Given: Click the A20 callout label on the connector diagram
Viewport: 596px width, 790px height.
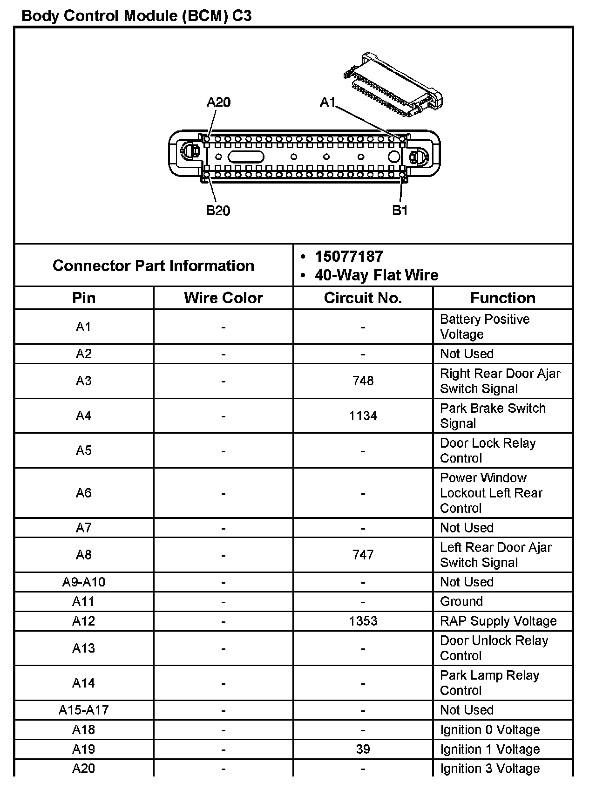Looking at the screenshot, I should click(x=218, y=102).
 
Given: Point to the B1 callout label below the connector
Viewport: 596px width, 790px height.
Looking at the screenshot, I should click(x=400, y=211).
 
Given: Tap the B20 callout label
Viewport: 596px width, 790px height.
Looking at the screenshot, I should click(x=218, y=211).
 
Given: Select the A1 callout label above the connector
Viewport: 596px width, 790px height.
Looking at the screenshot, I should click(x=327, y=102).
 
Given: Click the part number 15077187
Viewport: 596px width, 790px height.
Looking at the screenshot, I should click(x=349, y=257).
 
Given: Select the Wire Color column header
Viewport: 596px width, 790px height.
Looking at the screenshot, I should click(x=223, y=298).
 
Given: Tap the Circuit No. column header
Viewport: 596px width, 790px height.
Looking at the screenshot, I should click(x=363, y=298).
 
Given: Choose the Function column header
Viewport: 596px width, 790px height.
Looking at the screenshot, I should click(x=503, y=298).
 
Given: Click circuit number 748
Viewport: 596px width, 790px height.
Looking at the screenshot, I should click(x=363, y=381).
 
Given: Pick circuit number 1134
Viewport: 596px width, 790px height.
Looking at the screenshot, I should click(x=363, y=415).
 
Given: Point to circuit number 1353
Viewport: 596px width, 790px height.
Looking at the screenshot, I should click(x=363, y=621).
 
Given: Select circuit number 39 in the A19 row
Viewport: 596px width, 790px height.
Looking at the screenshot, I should click(x=363, y=749).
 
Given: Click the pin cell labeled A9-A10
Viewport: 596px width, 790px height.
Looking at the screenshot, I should click(x=84, y=582).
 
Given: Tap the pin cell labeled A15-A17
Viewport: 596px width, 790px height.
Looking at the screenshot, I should click(x=84, y=710).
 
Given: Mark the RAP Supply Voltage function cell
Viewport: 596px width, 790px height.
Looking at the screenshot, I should click(x=498, y=621).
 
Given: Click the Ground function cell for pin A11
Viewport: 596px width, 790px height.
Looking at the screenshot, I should click(x=461, y=601).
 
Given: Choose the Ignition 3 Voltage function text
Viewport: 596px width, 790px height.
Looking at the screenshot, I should click(x=490, y=769).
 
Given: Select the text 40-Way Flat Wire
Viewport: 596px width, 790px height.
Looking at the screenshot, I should click(x=376, y=275).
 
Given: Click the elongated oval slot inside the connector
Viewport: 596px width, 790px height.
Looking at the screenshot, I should click(x=246, y=157).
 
